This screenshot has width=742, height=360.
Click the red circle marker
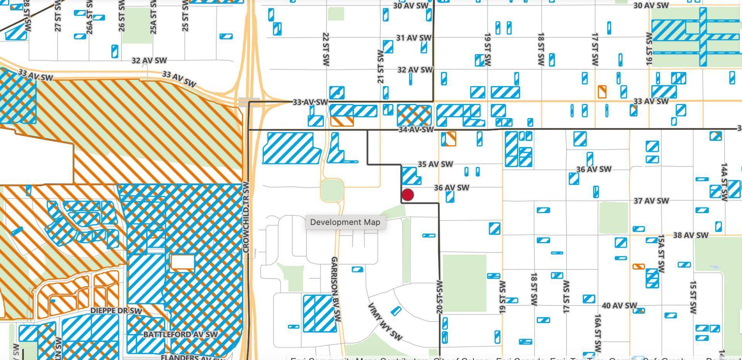tap(408, 195)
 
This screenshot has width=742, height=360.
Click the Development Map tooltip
tap(345, 222)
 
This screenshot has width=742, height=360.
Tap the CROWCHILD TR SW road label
tap(246, 217)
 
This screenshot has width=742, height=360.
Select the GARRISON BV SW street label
tap(335, 289)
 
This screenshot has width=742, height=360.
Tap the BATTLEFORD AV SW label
tap(180, 334)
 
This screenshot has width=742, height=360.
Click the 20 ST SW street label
tap(439, 296)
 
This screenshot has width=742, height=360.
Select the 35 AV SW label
tap(435, 164)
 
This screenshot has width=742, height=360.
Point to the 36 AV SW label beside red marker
tap(451, 188)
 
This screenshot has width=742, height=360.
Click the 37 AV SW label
tap(651, 201)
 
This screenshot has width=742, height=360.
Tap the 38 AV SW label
tap(691, 235)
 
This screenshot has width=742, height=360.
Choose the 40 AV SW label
tap(619, 305)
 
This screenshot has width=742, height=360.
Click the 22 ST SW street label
tap(326, 49)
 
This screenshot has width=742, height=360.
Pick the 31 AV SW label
tap(414, 38)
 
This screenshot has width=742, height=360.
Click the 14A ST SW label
tap(724, 182)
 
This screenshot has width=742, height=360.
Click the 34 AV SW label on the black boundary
tap(416, 130)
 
